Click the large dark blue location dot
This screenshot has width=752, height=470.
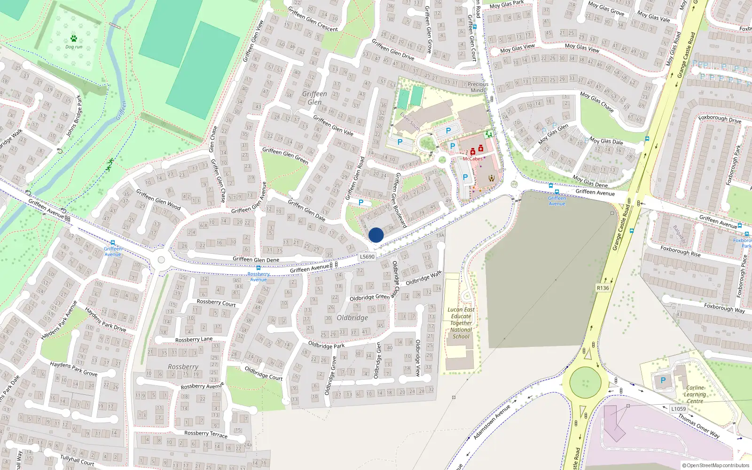click(376, 235)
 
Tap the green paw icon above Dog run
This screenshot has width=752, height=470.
click(74, 39)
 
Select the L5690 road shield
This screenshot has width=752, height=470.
click(367, 257)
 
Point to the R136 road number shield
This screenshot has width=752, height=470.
click(603, 288)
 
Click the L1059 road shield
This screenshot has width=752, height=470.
click(678, 409)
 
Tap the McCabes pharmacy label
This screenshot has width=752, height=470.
click(472, 159)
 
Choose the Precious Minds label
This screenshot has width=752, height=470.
click(478, 87)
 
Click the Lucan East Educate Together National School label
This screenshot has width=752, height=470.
click(461, 323)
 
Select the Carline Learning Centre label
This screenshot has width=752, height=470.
click(695, 394)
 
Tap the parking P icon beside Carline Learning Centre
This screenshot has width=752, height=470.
click(663, 380)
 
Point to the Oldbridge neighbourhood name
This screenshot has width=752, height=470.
click(352, 318)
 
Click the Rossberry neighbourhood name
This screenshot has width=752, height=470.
click(183, 367)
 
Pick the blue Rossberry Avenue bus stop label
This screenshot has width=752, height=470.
click(258, 277)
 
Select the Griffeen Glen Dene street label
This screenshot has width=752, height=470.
click(256, 259)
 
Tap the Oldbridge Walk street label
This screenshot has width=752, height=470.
click(423, 278)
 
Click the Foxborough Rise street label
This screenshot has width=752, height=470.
click(680, 251)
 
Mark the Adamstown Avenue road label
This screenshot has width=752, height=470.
click(492, 422)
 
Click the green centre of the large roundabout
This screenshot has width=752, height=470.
click(585, 383)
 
